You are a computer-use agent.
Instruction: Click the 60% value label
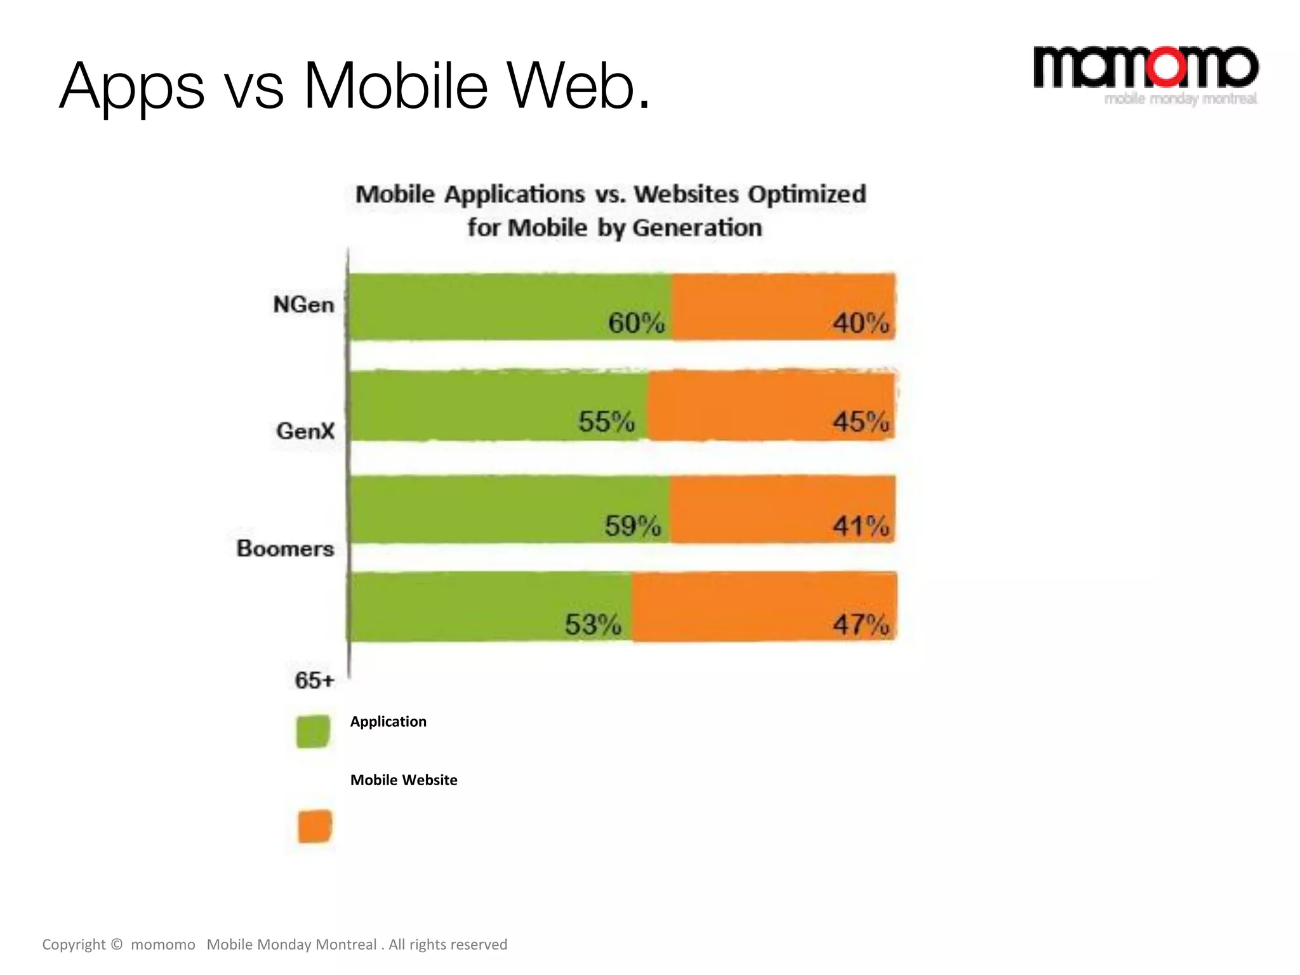pos(636,323)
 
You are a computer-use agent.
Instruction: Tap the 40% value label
pos(861,323)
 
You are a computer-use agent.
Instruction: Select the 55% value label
pos(606,421)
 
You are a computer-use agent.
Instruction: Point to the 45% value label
pos(861,421)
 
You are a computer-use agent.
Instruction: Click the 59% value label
pos(633,526)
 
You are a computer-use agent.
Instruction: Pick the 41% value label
pos(861,526)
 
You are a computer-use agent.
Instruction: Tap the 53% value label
pos(594,625)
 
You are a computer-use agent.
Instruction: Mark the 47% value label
pos(861,625)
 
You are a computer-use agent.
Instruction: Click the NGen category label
pos(303,305)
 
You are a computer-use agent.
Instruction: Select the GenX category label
pos(305,432)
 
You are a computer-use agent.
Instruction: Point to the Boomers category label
pos(285,548)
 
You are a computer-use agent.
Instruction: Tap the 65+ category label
pos(314,680)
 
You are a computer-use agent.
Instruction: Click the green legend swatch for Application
pos(313,731)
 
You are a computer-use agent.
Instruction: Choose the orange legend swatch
pos(315,826)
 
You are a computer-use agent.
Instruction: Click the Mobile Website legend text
pos(404,780)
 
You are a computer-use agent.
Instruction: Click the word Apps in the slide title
pos(132,88)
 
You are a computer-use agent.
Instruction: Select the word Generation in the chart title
pos(697,228)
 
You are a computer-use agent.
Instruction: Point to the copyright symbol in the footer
pos(116,945)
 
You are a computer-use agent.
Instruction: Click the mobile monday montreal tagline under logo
pos(1181,99)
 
